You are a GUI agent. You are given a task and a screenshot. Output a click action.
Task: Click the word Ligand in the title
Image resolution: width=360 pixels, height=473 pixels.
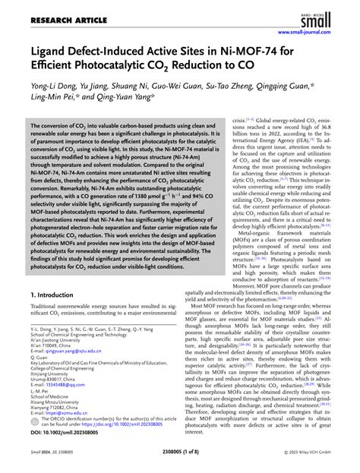[x=52, y=53]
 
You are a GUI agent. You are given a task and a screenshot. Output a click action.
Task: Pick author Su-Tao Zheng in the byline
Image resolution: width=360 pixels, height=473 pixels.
[x=219, y=86]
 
